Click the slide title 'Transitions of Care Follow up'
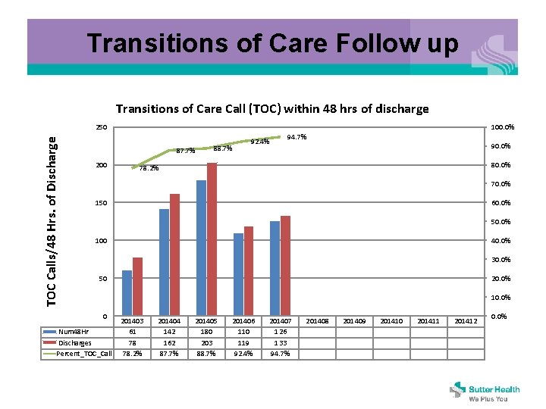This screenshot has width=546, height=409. [x=273, y=43]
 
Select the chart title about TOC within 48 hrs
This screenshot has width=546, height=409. [x=272, y=108]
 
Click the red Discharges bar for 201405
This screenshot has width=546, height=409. [x=212, y=239]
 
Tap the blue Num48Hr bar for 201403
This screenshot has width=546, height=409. [x=127, y=293]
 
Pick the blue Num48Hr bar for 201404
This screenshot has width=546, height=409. [x=164, y=262]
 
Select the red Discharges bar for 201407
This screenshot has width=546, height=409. [x=285, y=265]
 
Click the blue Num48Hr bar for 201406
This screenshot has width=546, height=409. [x=238, y=274]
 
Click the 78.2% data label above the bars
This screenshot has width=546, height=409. [x=148, y=168]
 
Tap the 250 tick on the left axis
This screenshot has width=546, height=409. [x=101, y=127]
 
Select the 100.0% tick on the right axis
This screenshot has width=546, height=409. [x=503, y=127]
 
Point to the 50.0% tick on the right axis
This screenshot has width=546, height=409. [x=500, y=222]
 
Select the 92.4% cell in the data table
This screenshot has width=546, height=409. [x=243, y=353]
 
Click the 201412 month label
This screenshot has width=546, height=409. [x=466, y=321]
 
